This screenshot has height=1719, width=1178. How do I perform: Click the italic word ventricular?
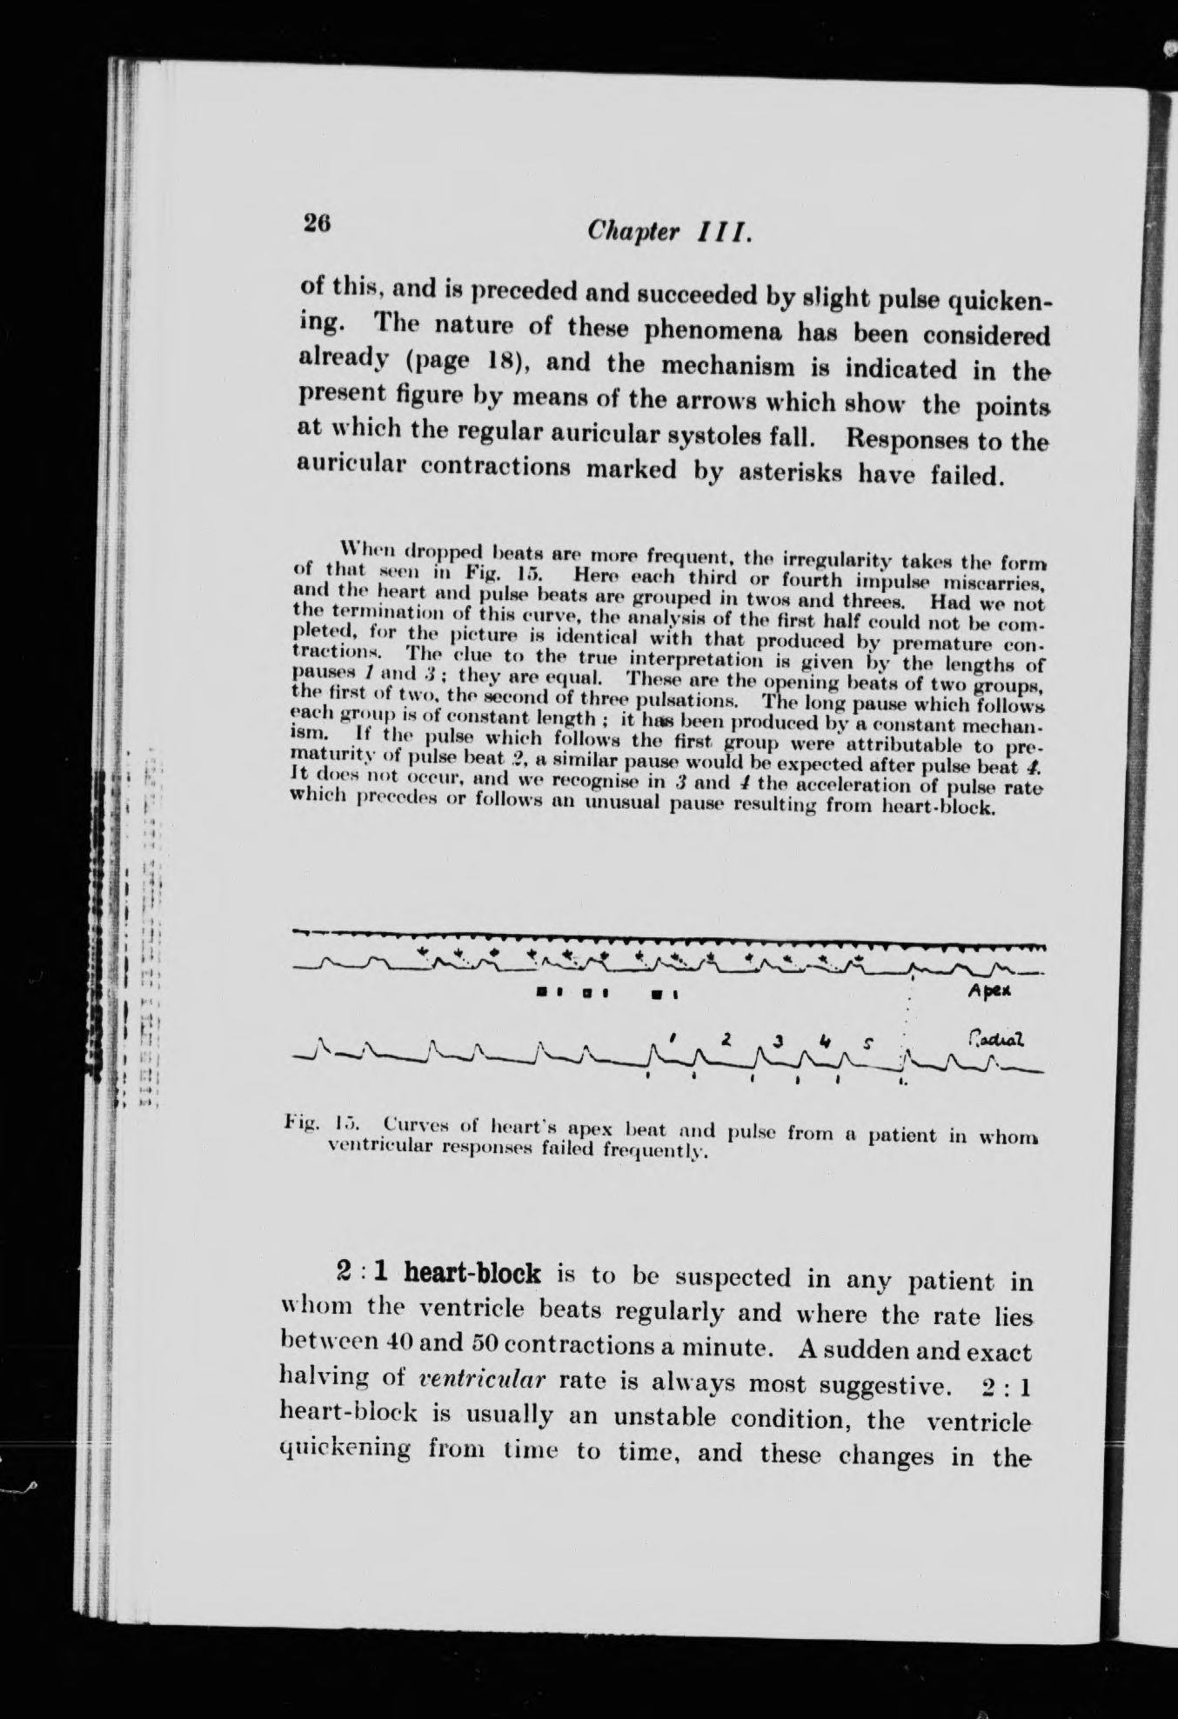tap(476, 1381)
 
